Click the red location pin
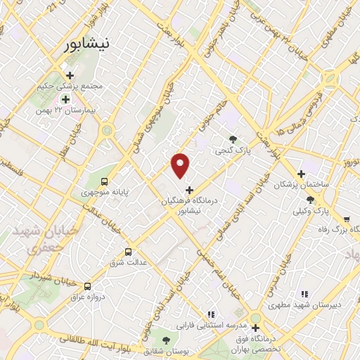point(181,165)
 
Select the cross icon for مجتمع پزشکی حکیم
point(69,75)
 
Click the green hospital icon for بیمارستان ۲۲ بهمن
point(65,100)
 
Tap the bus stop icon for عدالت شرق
point(128,252)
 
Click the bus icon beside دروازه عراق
point(87,286)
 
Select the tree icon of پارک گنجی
point(233,139)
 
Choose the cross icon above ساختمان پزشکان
point(301,173)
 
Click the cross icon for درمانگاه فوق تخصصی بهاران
point(255,327)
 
